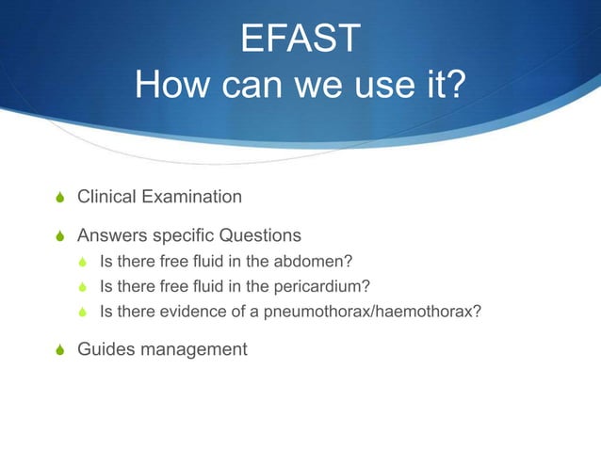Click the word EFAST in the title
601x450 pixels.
pos(300,40)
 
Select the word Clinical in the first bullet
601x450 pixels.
pos(106,197)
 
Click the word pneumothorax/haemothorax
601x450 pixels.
pos(388,313)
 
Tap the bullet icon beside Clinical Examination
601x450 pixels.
pos(61,198)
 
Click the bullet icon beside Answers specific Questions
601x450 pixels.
pos(61,235)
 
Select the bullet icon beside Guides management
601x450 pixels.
pos(61,350)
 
